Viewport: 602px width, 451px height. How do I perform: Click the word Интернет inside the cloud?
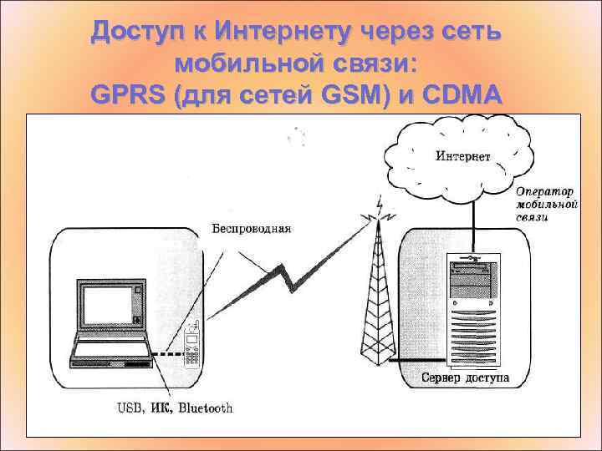tap(463, 156)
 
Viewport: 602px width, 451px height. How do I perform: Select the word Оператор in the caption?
tap(545, 191)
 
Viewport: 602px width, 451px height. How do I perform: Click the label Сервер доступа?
tap(465, 378)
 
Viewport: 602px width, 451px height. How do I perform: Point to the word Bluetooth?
tap(206, 408)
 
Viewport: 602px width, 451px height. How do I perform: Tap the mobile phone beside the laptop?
tap(191, 347)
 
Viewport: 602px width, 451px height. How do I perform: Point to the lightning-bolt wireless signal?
tap(293, 272)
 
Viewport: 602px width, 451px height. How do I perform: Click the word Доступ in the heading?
tap(134, 33)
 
